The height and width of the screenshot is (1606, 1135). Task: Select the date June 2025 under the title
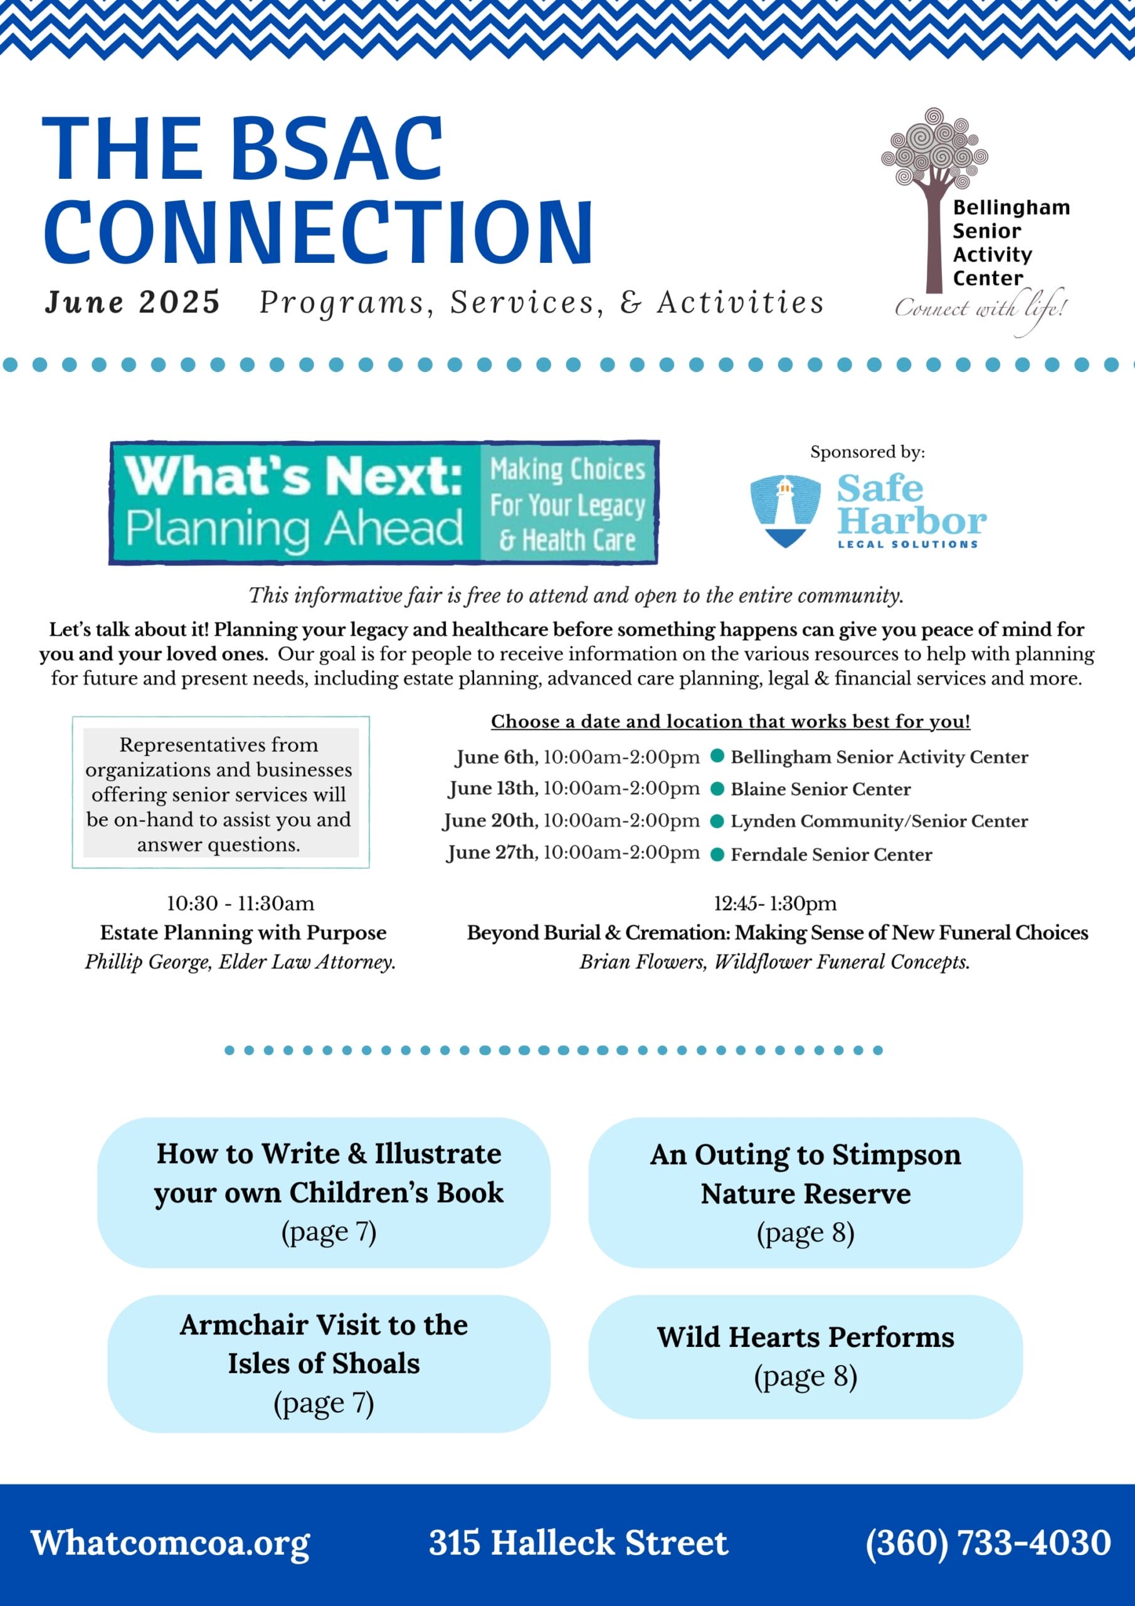coord(133,302)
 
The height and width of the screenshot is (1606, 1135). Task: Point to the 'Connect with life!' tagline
coord(981,310)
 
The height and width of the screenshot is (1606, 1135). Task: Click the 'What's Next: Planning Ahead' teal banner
coord(384,503)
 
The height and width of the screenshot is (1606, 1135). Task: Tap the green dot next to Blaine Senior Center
coord(717,789)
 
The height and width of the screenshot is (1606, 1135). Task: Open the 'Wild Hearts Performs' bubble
coord(806,1356)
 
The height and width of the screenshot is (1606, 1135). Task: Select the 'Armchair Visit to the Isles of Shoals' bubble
coord(329,1363)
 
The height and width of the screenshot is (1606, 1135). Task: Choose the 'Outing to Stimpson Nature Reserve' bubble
coord(806,1193)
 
